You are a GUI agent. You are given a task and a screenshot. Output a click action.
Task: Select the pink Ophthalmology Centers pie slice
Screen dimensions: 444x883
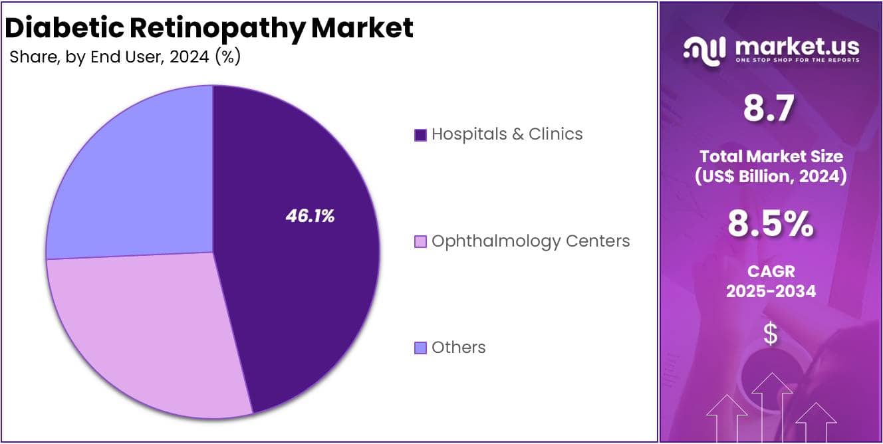tap(146, 332)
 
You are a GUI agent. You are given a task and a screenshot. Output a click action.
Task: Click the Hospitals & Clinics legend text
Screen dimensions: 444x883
tap(507, 134)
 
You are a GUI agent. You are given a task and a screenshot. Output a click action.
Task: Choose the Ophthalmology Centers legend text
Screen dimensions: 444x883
tap(530, 241)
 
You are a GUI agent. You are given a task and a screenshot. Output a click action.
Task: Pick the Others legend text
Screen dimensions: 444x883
tap(458, 348)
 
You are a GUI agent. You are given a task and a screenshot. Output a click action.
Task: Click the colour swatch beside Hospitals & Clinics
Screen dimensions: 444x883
tap(420, 135)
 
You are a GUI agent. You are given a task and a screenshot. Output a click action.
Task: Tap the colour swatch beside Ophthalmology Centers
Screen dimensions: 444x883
tap(420, 241)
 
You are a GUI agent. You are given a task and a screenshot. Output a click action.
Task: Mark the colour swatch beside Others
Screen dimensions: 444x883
tap(420, 348)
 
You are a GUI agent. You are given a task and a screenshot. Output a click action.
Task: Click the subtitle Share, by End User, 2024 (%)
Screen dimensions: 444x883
tap(125, 57)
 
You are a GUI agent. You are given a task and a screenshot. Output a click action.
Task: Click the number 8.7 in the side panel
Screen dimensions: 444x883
tap(769, 109)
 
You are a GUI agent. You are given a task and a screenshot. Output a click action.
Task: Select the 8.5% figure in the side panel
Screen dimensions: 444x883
tap(770, 225)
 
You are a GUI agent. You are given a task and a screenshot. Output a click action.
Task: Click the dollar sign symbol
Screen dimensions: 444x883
tap(770, 334)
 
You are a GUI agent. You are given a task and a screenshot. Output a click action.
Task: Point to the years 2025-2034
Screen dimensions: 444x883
tap(771, 290)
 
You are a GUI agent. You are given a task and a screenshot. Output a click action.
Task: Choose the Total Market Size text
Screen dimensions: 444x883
tap(771, 157)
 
